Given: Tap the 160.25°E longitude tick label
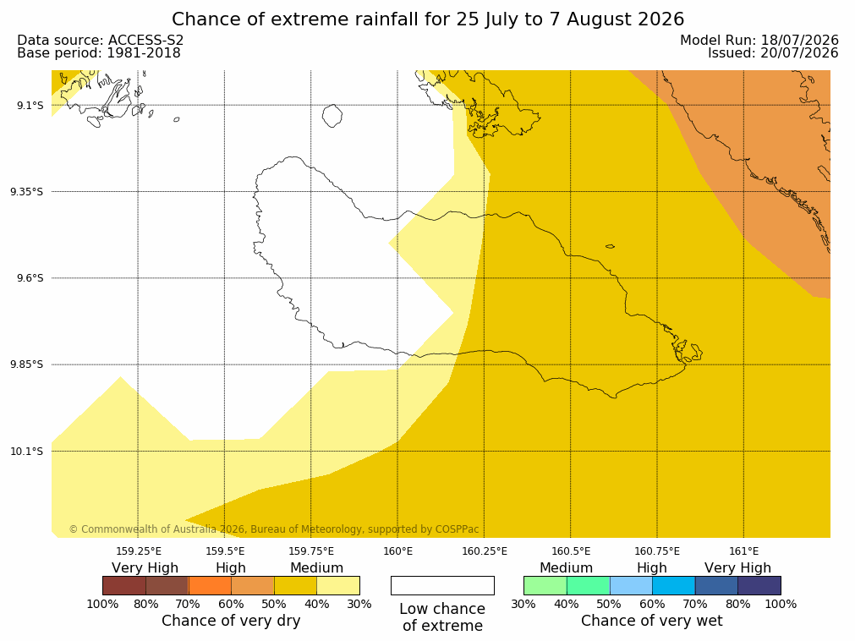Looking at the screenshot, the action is click(x=485, y=551).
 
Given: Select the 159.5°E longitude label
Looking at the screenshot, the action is click(x=225, y=551).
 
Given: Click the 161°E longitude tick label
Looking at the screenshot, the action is click(x=743, y=551).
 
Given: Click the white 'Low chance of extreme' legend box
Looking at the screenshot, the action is click(x=442, y=586).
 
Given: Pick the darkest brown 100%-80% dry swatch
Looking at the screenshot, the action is click(x=123, y=586).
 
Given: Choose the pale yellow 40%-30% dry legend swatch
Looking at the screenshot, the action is click(x=338, y=586).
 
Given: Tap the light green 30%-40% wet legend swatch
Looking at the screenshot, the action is click(x=545, y=586).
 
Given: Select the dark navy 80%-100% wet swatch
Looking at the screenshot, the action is click(x=759, y=586).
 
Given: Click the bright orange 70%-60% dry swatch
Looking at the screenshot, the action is click(x=210, y=586).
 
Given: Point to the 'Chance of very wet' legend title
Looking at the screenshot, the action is click(x=652, y=621).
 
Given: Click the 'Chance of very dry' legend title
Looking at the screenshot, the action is click(x=231, y=621).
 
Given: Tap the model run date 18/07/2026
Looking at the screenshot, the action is click(x=800, y=41).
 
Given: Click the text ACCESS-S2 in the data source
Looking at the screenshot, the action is click(x=145, y=41).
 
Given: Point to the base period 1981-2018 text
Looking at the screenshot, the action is click(x=144, y=53).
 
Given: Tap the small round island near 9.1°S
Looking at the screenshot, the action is click(x=332, y=116).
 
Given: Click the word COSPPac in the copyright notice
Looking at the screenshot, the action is click(x=457, y=529).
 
